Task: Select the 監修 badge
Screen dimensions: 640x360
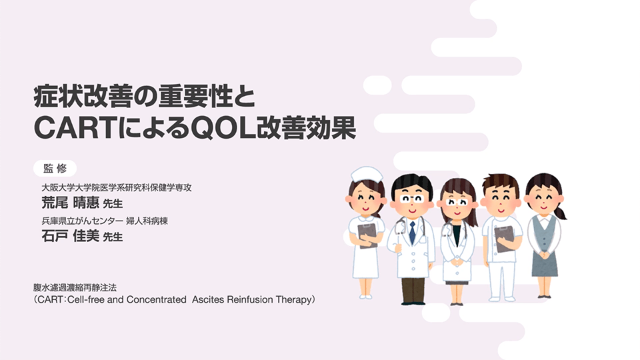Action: click(55, 168)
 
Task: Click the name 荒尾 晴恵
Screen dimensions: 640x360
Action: click(70, 203)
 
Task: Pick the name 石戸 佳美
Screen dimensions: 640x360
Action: click(70, 236)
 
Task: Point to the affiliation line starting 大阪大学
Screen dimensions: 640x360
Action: click(117, 188)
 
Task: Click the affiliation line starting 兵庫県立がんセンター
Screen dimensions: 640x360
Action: click(105, 221)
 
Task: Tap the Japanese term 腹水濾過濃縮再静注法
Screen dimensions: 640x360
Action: click(75, 288)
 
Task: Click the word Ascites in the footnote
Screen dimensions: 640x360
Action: click(208, 299)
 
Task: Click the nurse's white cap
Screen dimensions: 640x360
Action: click(367, 175)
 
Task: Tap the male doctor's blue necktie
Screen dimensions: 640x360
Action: click(412, 233)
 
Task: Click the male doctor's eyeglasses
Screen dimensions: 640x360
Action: click(412, 199)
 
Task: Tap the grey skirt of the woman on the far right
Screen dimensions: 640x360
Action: click(545, 263)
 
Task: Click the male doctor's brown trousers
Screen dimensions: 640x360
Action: click(413, 289)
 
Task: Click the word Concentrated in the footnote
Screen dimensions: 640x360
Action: click(156, 299)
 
